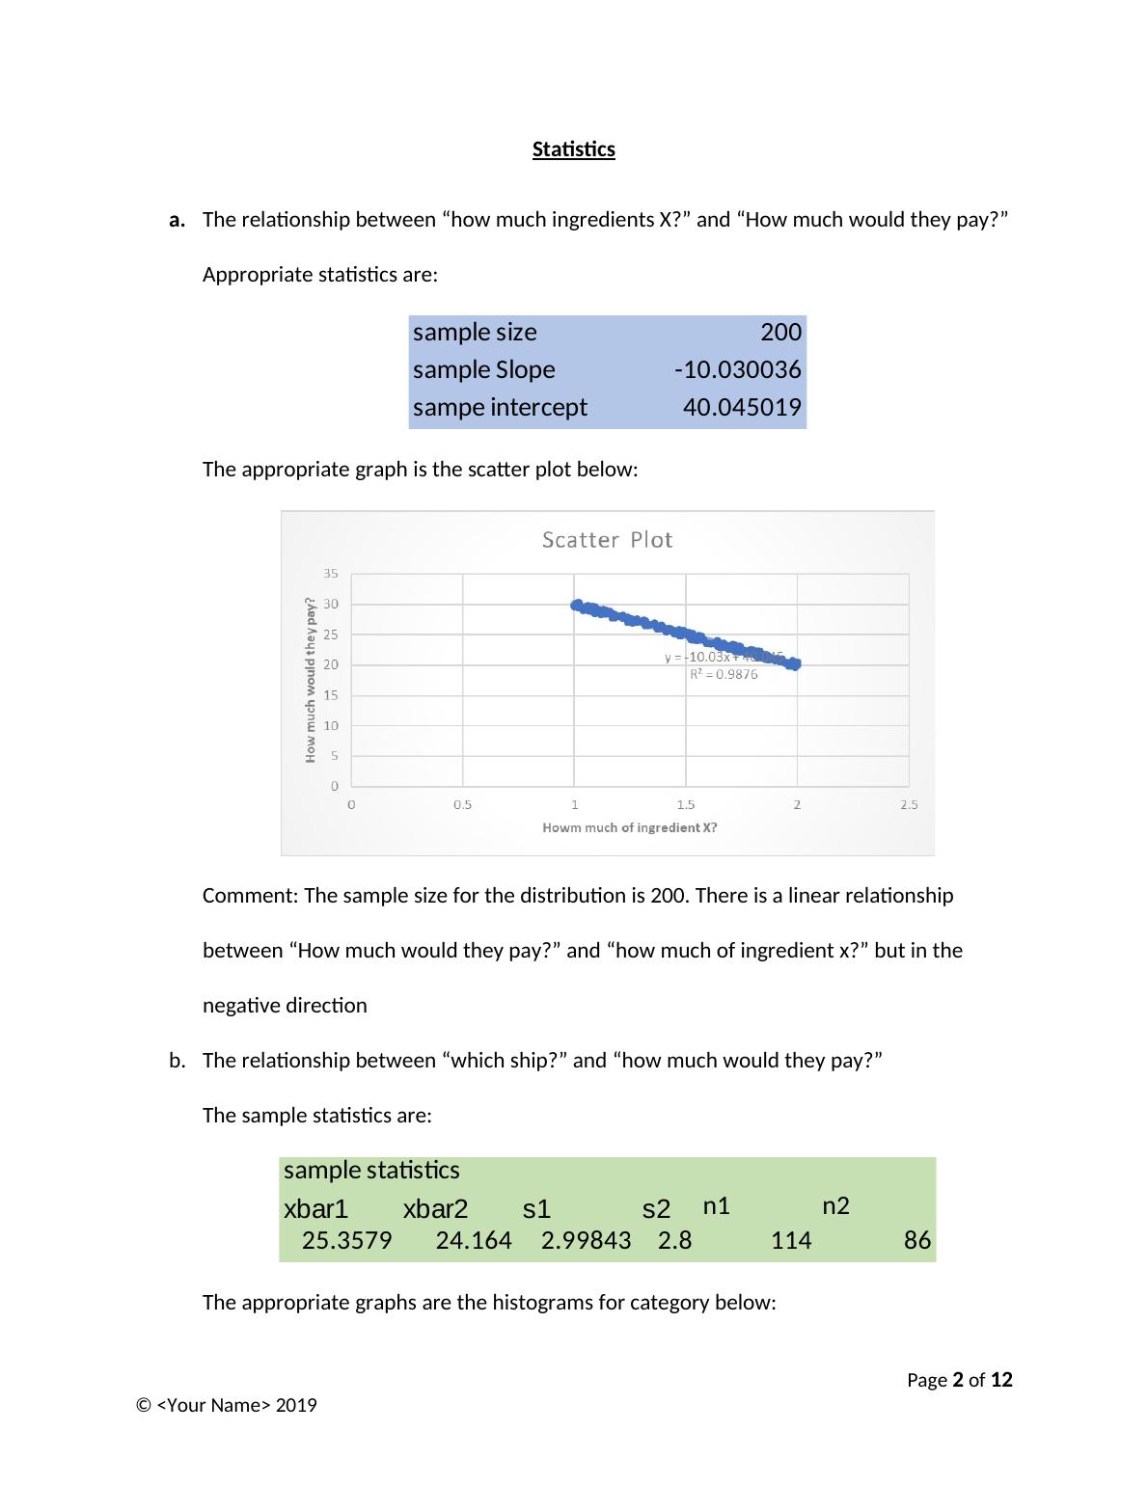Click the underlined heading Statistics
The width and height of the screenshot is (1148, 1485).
pyautogui.click(x=573, y=149)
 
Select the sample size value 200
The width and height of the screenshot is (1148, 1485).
pyautogui.click(x=780, y=333)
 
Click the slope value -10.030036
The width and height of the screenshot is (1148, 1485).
pyautogui.click(x=737, y=370)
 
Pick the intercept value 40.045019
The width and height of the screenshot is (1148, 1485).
pyautogui.click(x=741, y=408)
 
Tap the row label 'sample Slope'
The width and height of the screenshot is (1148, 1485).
pyautogui.click(x=483, y=370)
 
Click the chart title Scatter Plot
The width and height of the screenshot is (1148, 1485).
pyautogui.click(x=607, y=540)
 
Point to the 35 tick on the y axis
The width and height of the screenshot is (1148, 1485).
pyautogui.click(x=331, y=574)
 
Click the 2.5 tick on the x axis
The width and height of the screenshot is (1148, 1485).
pyautogui.click(x=908, y=804)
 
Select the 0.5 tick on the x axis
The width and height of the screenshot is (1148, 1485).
pyautogui.click(x=462, y=804)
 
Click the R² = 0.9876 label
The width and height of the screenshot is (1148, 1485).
pyautogui.click(x=724, y=675)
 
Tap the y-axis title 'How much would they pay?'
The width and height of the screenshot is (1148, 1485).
pyautogui.click(x=311, y=680)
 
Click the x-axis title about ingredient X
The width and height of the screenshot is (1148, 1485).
pyautogui.click(x=629, y=827)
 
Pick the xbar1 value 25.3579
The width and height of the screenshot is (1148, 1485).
pyautogui.click(x=346, y=1241)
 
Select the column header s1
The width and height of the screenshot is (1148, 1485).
pyautogui.click(x=536, y=1209)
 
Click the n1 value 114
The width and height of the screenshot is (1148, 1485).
pyautogui.click(x=791, y=1241)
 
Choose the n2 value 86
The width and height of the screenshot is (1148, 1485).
pyautogui.click(x=916, y=1241)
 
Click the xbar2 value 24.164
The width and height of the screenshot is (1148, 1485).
pyautogui.click(x=474, y=1241)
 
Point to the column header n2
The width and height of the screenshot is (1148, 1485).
pyautogui.click(x=835, y=1206)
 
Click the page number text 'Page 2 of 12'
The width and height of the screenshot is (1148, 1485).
pyautogui.click(x=959, y=1380)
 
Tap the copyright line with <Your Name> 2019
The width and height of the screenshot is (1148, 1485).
pyautogui.click(x=227, y=1405)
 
